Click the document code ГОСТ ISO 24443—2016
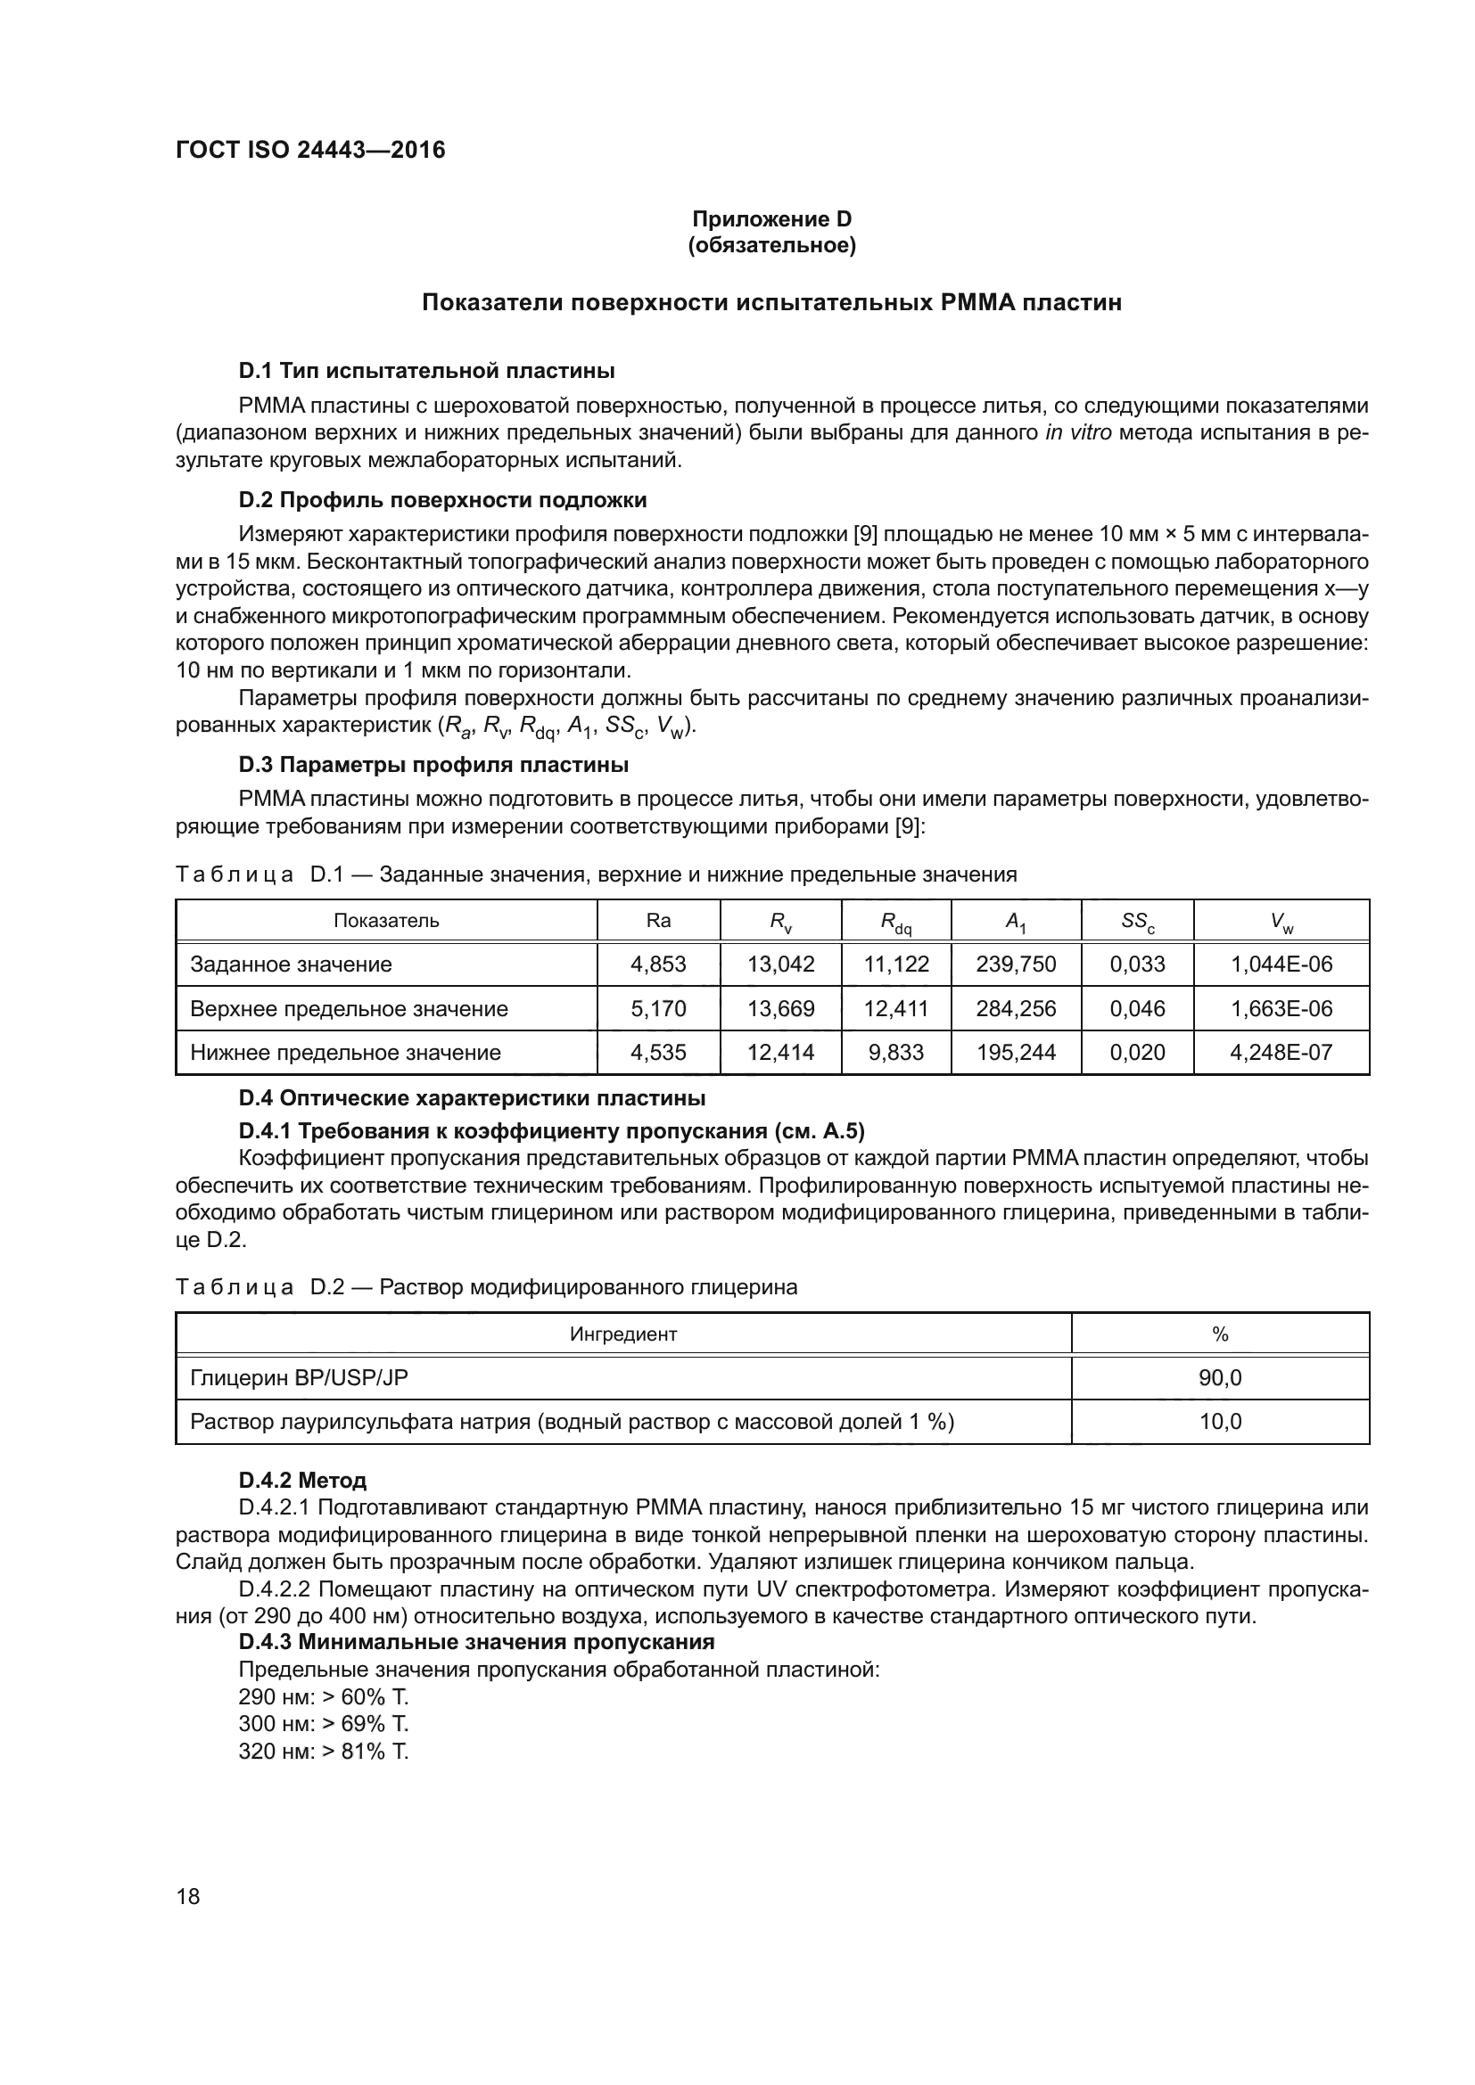(309, 150)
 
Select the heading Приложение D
(771, 219)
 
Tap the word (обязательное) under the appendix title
(771, 245)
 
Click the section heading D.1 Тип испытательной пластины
(426, 371)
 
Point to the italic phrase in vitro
(1077, 432)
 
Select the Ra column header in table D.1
(657, 921)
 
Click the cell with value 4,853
(657, 965)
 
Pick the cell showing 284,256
(1016, 1009)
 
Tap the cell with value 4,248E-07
(1281, 1053)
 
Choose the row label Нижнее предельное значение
(345, 1053)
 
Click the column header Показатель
(386, 921)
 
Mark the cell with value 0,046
(1137, 1009)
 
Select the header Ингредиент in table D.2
(623, 1334)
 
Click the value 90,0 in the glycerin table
(1220, 1377)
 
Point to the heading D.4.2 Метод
(302, 1482)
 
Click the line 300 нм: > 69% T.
(324, 1724)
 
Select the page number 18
(188, 1896)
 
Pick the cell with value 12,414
(780, 1053)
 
